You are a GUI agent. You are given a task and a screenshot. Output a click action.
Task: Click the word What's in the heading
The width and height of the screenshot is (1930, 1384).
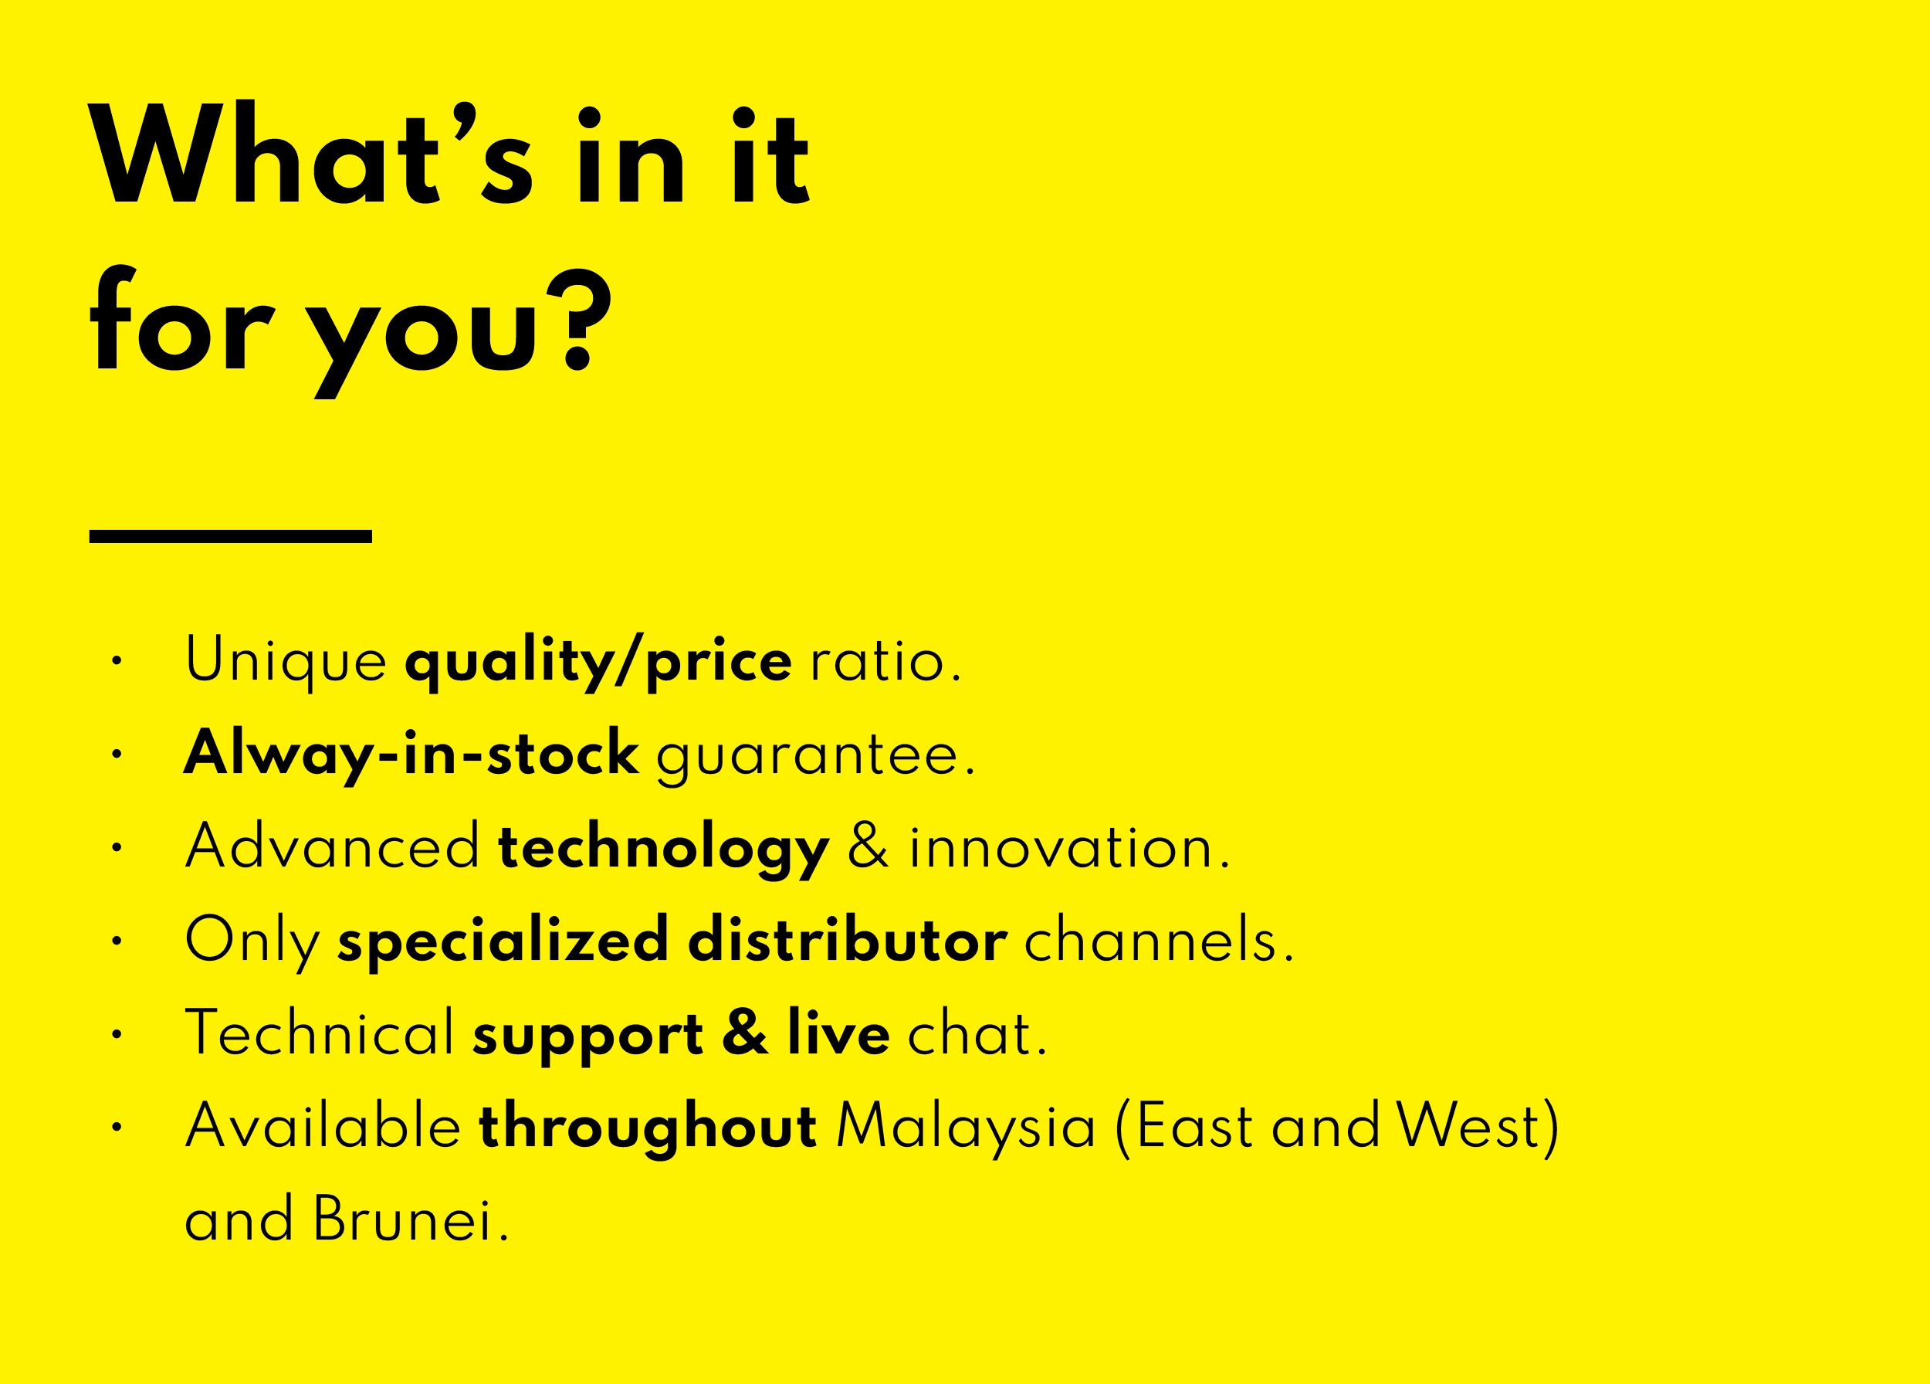[311, 152]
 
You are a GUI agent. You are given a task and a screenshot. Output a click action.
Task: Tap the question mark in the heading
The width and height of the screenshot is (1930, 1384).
[580, 320]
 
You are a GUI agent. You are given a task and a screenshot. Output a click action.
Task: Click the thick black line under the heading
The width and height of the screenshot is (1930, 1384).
[231, 536]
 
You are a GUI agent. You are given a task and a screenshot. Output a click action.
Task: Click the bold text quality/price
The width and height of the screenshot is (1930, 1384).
[598, 661]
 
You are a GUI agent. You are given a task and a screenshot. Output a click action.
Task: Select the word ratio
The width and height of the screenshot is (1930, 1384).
[885, 660]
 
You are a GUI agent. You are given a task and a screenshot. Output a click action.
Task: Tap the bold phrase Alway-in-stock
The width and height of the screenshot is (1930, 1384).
[411, 755]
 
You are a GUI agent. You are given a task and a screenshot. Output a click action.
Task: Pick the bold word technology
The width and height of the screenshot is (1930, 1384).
[663, 849]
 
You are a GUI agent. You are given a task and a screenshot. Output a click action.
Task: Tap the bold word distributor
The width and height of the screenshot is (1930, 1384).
[848, 940]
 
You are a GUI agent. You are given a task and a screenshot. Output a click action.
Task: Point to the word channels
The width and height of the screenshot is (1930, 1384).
[1159, 940]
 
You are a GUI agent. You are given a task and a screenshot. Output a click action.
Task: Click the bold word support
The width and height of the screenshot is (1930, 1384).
[588, 1036]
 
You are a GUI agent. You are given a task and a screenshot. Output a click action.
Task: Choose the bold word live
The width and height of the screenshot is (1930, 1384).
[839, 1032]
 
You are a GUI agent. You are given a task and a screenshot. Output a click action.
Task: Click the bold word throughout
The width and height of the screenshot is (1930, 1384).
[648, 1128]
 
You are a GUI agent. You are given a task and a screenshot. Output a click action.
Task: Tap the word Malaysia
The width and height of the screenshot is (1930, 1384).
[966, 1128]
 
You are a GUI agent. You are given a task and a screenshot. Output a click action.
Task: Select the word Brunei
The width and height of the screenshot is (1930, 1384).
[411, 1219]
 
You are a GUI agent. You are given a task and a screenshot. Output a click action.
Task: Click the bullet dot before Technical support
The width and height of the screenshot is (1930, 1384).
[117, 1034]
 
